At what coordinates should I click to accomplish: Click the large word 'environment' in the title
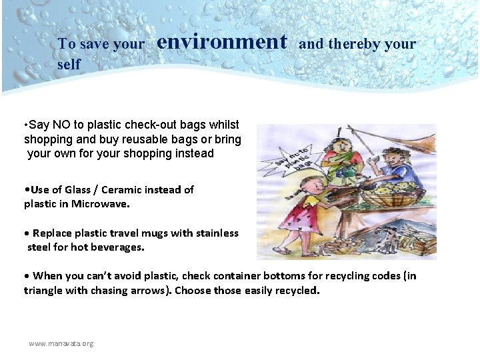(222, 42)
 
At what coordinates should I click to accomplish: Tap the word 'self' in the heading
(69, 64)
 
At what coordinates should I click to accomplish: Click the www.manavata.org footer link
(61, 343)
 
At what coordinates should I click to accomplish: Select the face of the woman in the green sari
(347, 146)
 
